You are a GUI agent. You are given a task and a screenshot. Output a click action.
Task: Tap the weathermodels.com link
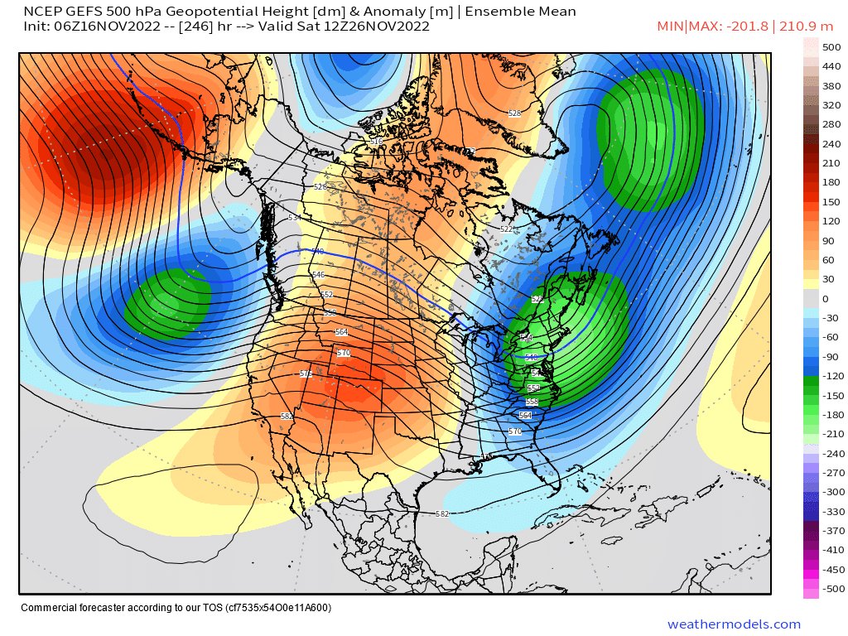click(x=734, y=624)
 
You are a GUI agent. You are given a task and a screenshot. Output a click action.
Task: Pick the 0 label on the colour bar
click(x=825, y=299)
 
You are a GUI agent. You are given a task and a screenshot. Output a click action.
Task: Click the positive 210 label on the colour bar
click(x=831, y=163)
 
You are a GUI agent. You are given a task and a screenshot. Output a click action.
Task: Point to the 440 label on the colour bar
click(x=831, y=67)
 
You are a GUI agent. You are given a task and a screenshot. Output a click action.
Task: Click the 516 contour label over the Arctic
click(x=376, y=142)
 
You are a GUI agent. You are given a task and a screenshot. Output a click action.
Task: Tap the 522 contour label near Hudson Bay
click(x=507, y=229)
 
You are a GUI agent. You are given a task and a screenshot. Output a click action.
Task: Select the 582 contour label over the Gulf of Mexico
click(x=442, y=514)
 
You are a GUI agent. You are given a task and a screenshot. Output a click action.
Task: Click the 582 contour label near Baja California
click(x=287, y=417)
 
